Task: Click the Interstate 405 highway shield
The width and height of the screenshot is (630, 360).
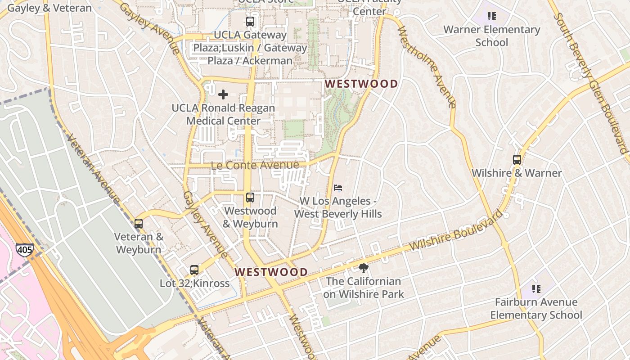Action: coord(24,250)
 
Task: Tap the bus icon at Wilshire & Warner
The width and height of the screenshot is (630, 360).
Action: coord(517,159)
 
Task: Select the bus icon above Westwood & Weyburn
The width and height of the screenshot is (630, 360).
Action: coord(250,197)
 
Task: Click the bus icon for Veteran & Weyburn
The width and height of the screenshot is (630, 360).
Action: coord(139,223)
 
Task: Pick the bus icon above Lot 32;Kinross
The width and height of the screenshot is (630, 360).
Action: coord(194,270)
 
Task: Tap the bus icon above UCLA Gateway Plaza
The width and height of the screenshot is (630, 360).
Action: coord(250,21)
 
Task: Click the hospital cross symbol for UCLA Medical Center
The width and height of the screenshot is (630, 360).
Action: coord(223,94)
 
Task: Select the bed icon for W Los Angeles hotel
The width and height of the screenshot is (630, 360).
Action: coord(338,187)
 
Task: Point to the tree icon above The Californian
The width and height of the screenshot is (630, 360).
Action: coord(363,268)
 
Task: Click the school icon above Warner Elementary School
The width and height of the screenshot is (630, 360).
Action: coord(492,16)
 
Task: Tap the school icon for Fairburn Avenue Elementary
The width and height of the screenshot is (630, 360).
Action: coord(536,288)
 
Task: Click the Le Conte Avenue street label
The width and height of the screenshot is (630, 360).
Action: coord(255,165)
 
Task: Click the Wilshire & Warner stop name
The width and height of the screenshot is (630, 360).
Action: coord(517,173)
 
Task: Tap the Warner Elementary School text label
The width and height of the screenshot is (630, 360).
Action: coord(492,36)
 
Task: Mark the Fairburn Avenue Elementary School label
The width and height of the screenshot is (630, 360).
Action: coord(536,308)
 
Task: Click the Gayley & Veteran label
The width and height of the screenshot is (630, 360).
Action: coord(49,8)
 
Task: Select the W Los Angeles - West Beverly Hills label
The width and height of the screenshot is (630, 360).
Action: coord(338,207)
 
